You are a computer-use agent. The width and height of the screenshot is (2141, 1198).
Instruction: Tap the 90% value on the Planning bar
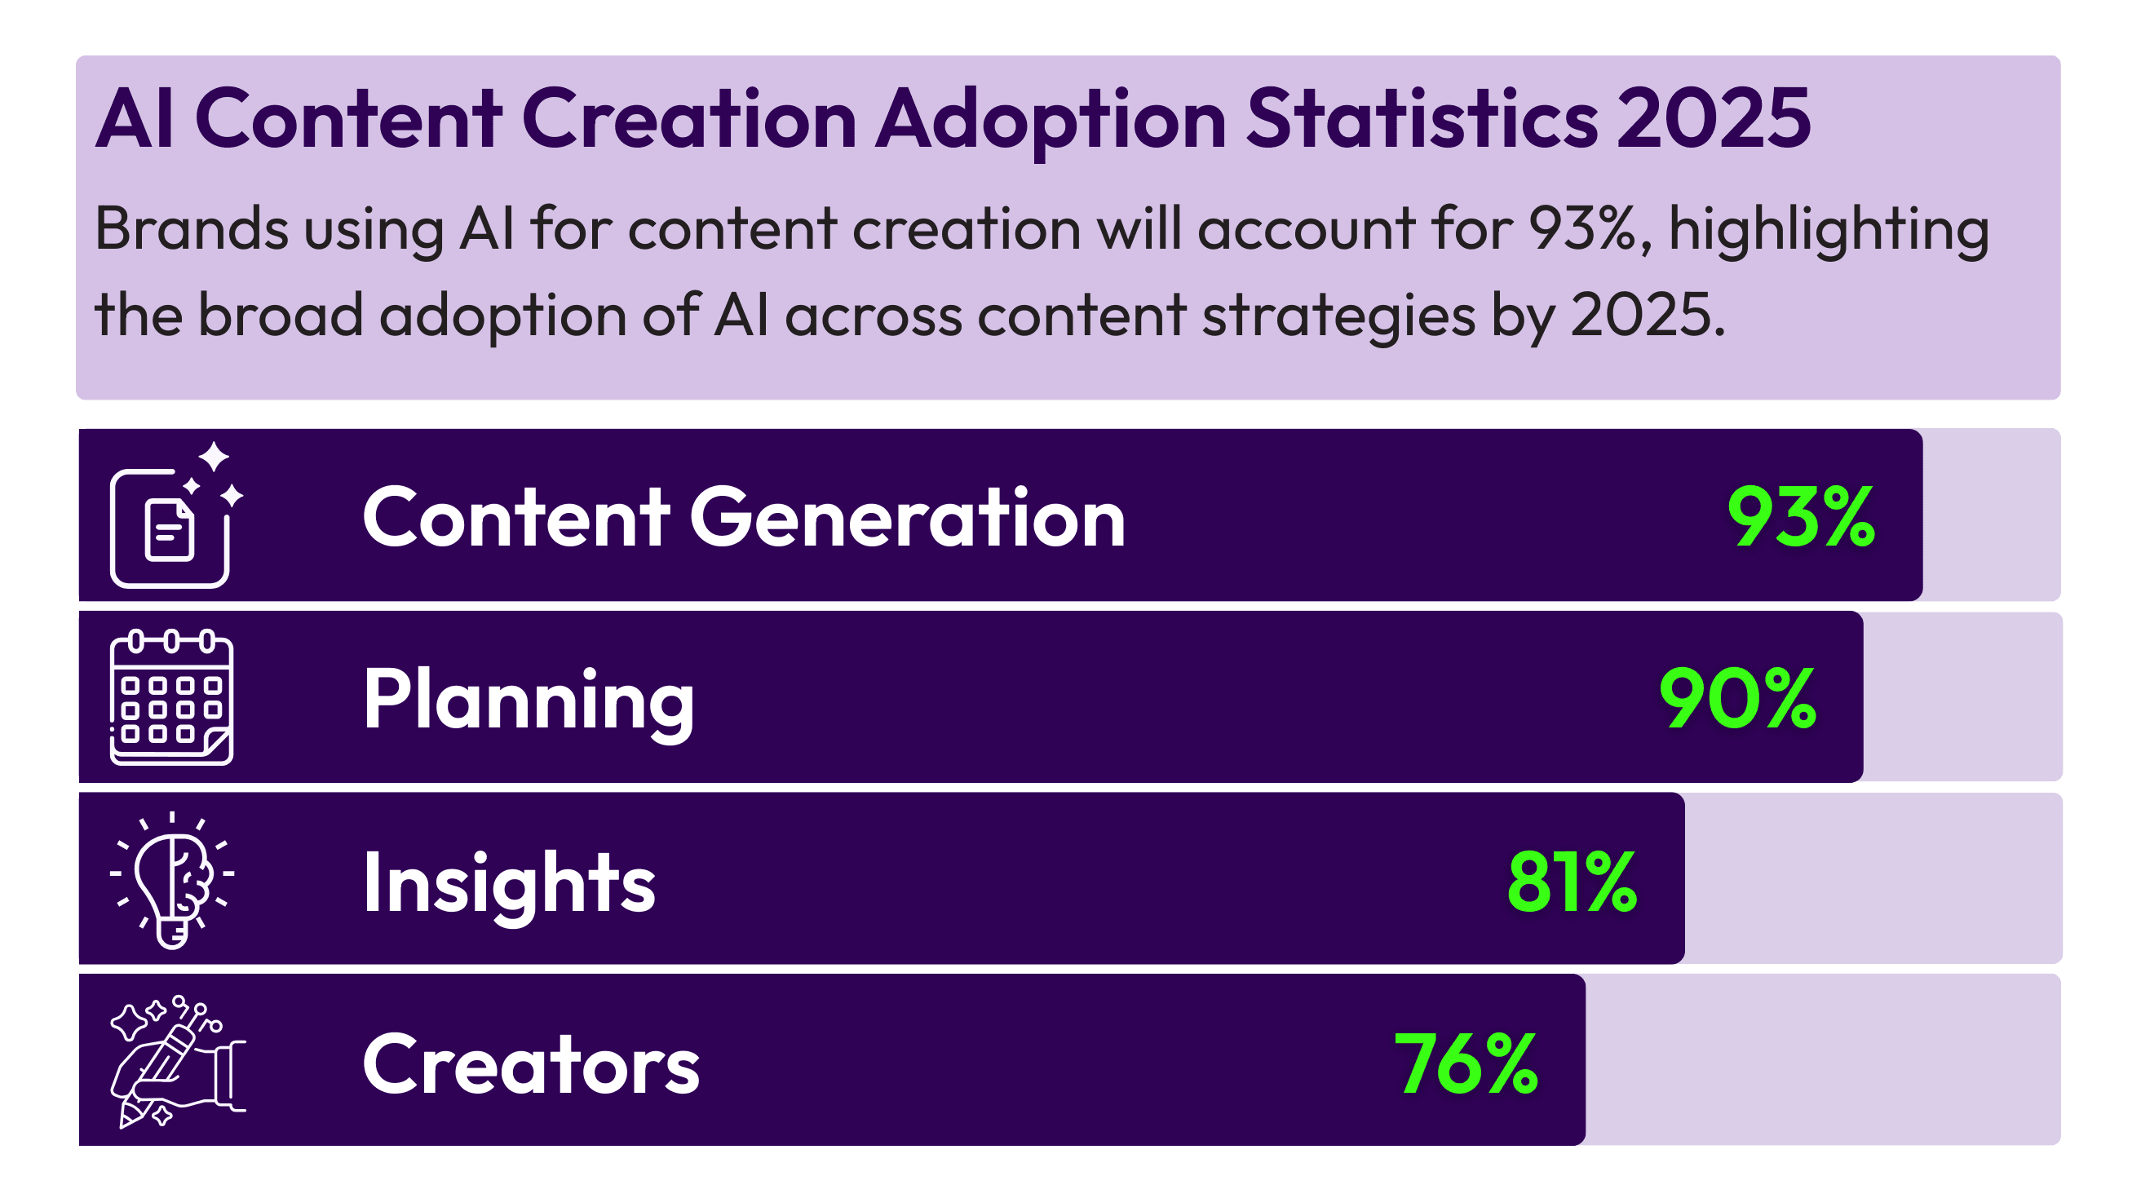[1737, 699]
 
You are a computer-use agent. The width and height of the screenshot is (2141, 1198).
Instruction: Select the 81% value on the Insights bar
[1571, 882]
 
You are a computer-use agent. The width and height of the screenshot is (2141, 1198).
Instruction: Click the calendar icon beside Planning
[171, 697]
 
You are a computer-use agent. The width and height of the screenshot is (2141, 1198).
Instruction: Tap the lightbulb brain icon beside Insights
[172, 879]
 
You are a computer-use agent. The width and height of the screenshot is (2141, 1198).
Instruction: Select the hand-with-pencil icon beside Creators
[176, 1061]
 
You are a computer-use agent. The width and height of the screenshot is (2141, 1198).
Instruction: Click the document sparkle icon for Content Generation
[175, 517]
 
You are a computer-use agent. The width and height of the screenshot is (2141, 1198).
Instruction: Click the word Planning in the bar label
[529, 701]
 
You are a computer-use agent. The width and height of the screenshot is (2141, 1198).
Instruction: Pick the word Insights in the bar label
[509, 882]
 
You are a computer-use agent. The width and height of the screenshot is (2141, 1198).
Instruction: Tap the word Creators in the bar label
[531, 1065]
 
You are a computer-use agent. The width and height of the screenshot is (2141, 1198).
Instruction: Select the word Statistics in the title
[1422, 119]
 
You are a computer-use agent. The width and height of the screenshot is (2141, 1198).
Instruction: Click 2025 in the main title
[1713, 119]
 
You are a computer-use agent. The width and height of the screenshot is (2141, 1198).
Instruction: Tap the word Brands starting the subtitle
[191, 228]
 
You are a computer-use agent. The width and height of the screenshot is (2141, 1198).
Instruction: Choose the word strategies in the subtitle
[1338, 316]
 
